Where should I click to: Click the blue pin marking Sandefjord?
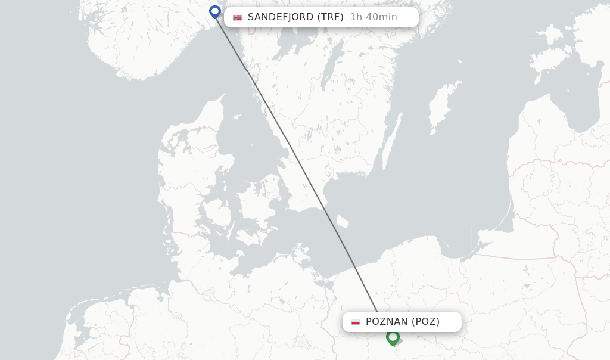pyautogui.click(x=215, y=11)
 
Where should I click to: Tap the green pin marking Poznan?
pyautogui.click(x=392, y=337)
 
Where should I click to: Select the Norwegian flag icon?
pyautogui.click(x=238, y=17)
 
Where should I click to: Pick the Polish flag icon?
pyautogui.click(x=356, y=322)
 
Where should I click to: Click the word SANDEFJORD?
pyautogui.click(x=280, y=17)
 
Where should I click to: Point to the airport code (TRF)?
pyautogui.click(x=331, y=17)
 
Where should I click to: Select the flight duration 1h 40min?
pyautogui.click(x=374, y=17)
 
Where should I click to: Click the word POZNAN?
pyautogui.click(x=387, y=322)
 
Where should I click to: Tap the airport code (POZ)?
pyautogui.click(x=426, y=322)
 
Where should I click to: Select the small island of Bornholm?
pyautogui.click(x=342, y=222)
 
